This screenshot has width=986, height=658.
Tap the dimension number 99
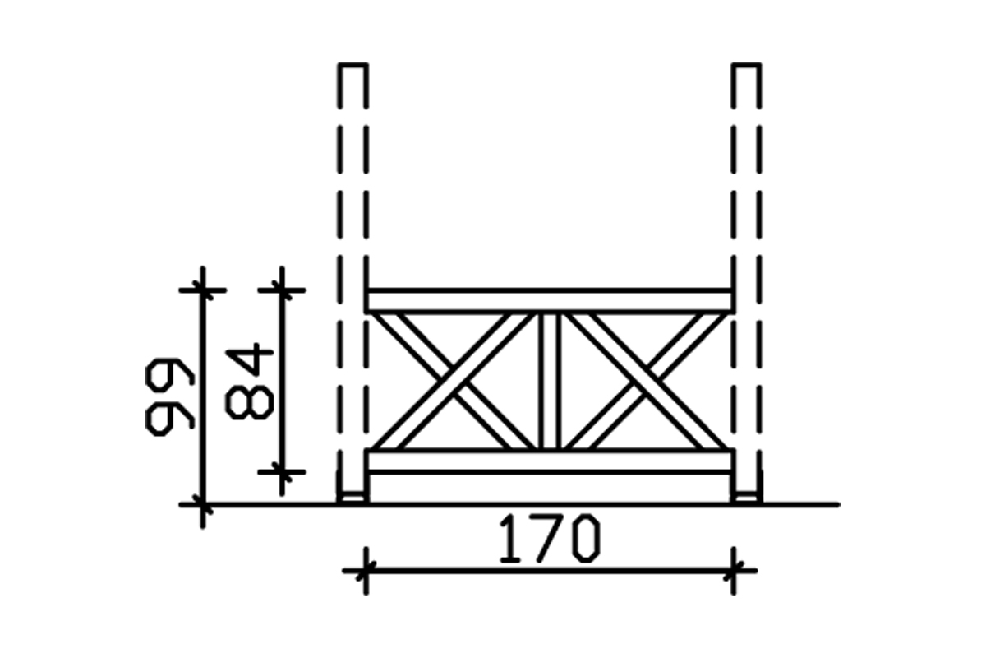[169, 395]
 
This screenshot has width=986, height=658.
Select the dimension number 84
[248, 382]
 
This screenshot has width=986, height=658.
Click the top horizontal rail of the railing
[549, 300]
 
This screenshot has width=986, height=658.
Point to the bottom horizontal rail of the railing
[549, 461]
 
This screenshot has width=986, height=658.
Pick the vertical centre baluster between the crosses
[549, 380]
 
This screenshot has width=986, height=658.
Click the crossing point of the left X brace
[454, 380]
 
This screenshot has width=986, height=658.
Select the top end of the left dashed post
[352, 66]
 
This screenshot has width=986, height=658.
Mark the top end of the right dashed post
[747, 66]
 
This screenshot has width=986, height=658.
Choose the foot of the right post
[746, 496]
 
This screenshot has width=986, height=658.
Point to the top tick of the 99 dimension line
[202, 290]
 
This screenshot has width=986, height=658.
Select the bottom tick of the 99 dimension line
[202, 503]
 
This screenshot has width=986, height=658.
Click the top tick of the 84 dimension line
[282, 290]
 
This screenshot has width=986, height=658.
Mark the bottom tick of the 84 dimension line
[282, 471]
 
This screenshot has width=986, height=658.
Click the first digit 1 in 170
[509, 540]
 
